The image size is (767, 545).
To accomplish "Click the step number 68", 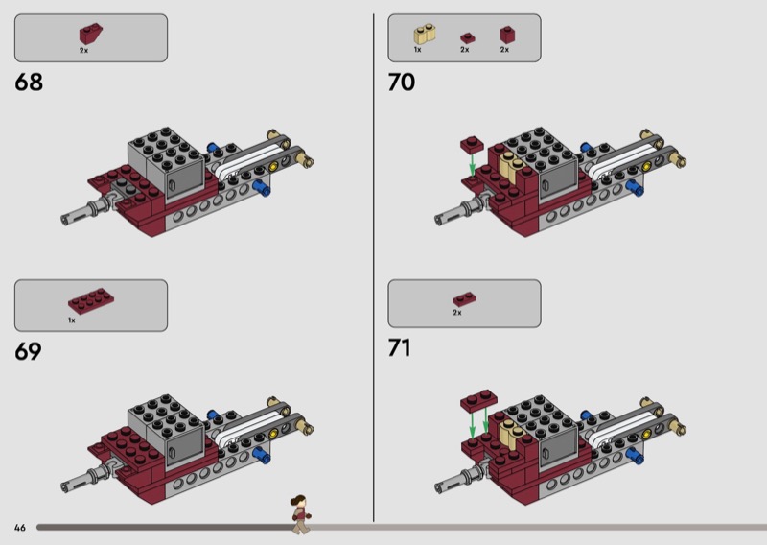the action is click(29, 83).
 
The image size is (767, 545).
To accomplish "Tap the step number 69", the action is click(29, 351).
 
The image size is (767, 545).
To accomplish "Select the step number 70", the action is click(402, 83).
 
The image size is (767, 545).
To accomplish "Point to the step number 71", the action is click(400, 347).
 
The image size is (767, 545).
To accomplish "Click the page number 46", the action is click(20, 527).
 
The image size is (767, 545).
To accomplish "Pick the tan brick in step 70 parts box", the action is click(423, 35).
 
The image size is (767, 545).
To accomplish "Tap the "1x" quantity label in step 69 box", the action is click(72, 320).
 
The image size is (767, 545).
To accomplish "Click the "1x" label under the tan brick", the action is click(418, 49).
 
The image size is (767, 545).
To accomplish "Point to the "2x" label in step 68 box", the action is click(84, 49).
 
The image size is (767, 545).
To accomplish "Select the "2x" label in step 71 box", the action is click(457, 313).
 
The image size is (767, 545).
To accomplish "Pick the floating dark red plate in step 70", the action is click(470, 144).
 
